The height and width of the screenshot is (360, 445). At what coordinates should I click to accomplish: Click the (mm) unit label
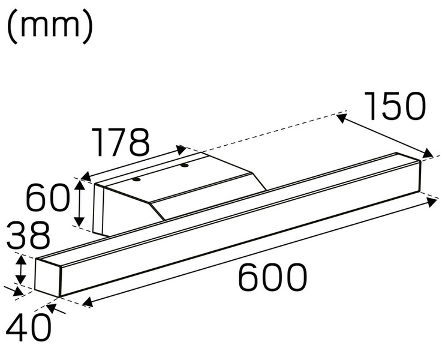tap(50, 26)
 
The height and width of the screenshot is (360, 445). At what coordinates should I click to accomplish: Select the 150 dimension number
tap(395, 107)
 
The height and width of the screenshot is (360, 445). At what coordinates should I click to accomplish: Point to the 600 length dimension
tap(273, 278)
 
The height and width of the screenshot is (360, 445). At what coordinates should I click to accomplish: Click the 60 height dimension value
tap(47, 199)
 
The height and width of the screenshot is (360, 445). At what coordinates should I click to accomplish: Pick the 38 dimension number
tap(27, 236)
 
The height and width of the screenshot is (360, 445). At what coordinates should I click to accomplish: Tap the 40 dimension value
tap(26, 328)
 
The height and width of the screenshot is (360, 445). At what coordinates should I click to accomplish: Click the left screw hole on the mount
tap(137, 179)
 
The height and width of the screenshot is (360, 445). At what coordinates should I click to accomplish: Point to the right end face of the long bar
tap(417, 176)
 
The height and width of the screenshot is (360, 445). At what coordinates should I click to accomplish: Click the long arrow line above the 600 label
tap(258, 253)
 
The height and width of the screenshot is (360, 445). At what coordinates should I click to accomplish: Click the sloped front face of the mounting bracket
tap(210, 198)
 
